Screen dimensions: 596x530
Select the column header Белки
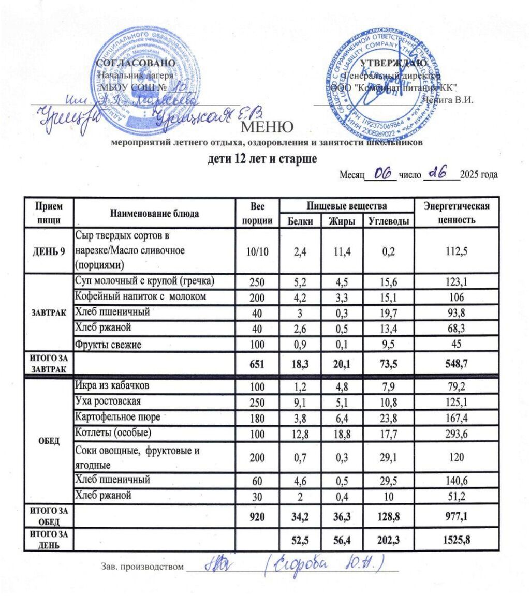(x=300, y=221)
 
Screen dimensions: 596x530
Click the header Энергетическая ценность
(x=457, y=213)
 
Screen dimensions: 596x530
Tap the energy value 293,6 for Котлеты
(x=457, y=433)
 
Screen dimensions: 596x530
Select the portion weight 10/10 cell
(x=257, y=252)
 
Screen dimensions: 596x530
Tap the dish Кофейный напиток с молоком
(x=141, y=296)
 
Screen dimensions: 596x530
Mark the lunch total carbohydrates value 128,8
(x=388, y=516)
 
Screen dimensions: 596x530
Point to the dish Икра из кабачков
(x=114, y=385)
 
